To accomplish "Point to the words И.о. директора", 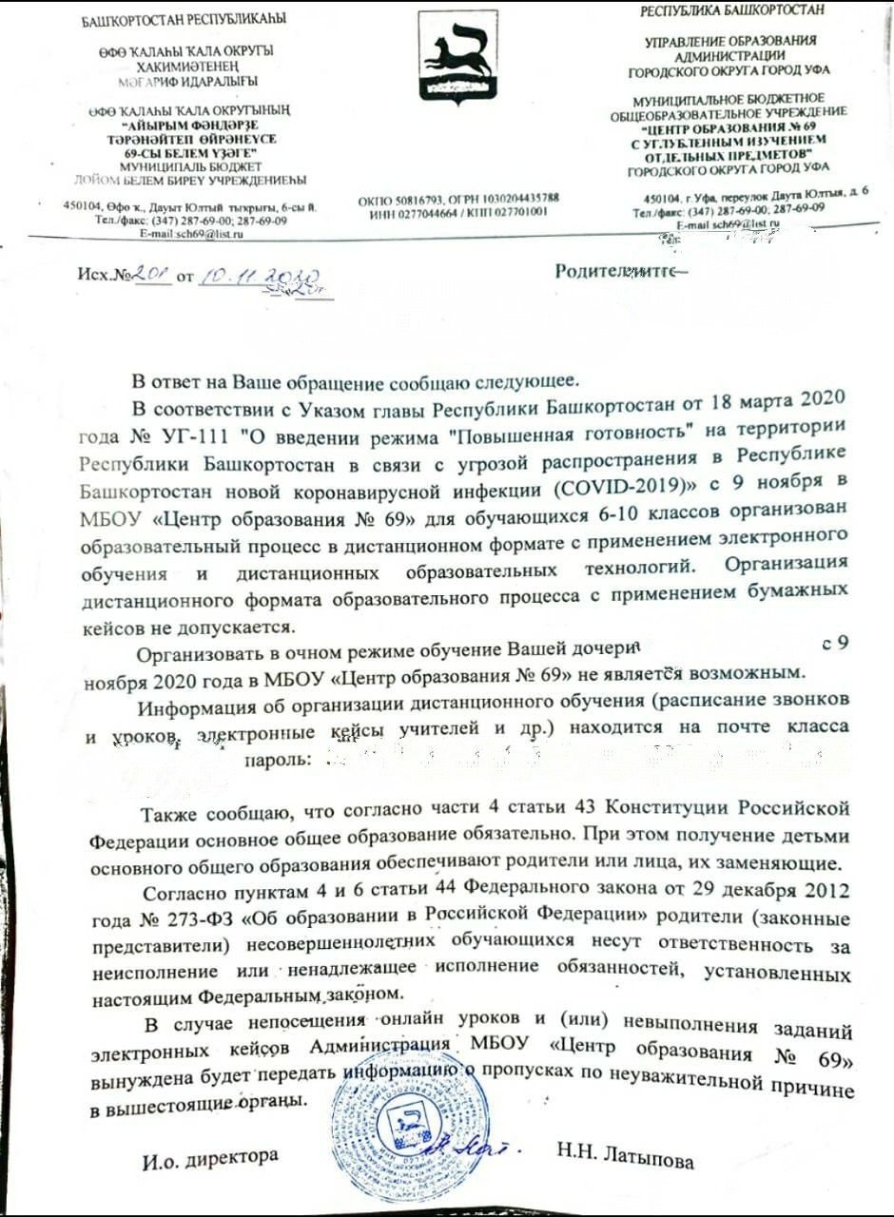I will coord(211,1156).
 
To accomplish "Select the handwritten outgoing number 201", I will coord(151,276).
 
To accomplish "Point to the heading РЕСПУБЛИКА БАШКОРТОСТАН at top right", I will coord(731,10).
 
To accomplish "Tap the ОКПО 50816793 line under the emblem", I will coord(458,198).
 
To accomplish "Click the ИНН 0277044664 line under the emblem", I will coord(458,211).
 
